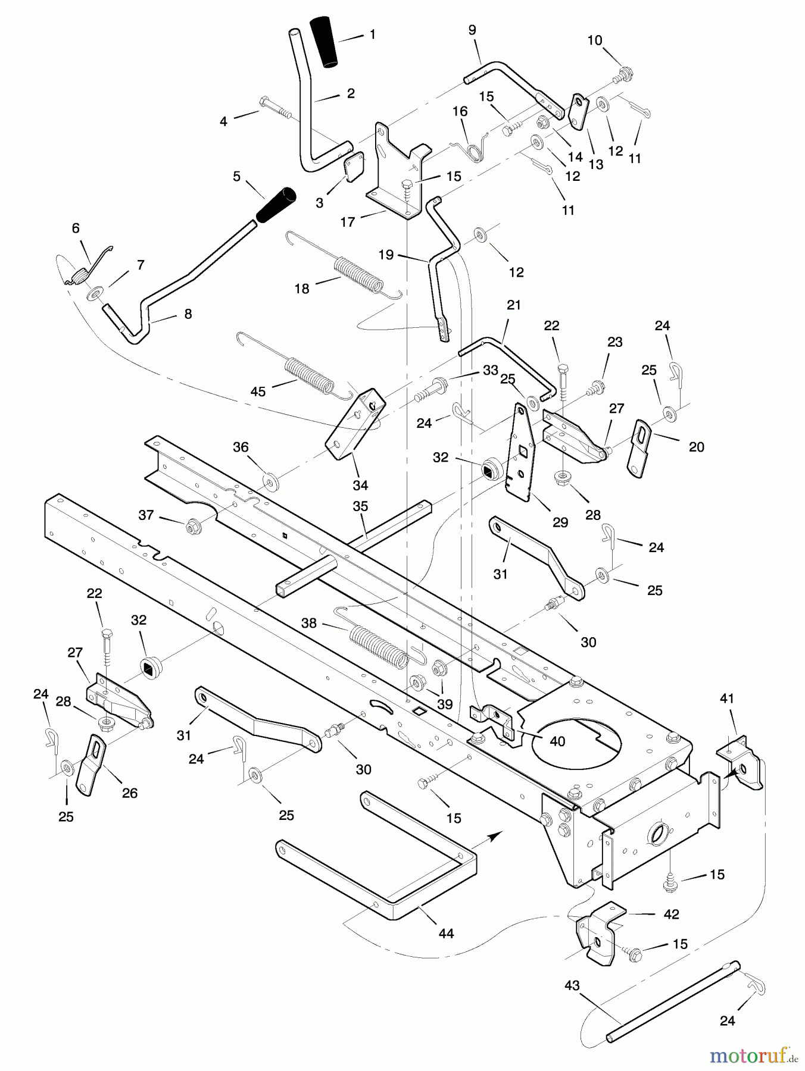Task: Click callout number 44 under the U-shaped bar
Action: [446, 934]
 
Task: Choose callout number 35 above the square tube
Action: [360, 506]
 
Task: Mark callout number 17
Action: [348, 222]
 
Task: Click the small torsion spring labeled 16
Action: [475, 151]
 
